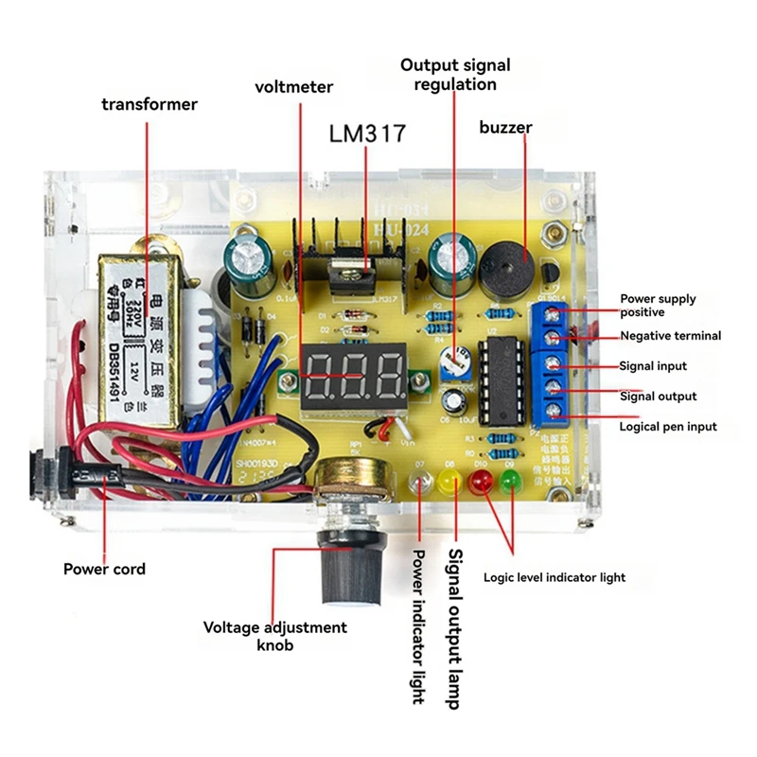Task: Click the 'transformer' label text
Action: (x=150, y=104)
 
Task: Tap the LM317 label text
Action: (x=367, y=133)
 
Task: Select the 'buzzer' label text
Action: (x=505, y=127)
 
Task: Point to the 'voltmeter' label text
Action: (x=293, y=87)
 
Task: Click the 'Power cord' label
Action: (x=104, y=569)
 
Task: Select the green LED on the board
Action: (x=511, y=483)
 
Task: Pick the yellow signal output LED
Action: (x=449, y=484)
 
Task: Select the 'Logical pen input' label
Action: (x=668, y=427)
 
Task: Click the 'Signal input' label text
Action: (x=653, y=366)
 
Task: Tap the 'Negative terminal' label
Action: (x=670, y=336)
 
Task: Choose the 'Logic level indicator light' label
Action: (x=554, y=577)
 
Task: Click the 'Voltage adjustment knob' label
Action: (x=275, y=636)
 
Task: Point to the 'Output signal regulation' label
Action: (x=455, y=75)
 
